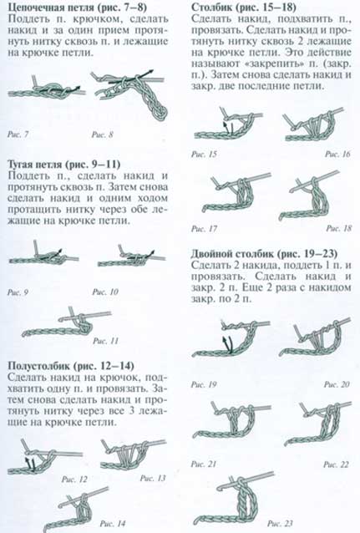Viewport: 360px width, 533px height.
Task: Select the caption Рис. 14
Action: click(114, 523)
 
